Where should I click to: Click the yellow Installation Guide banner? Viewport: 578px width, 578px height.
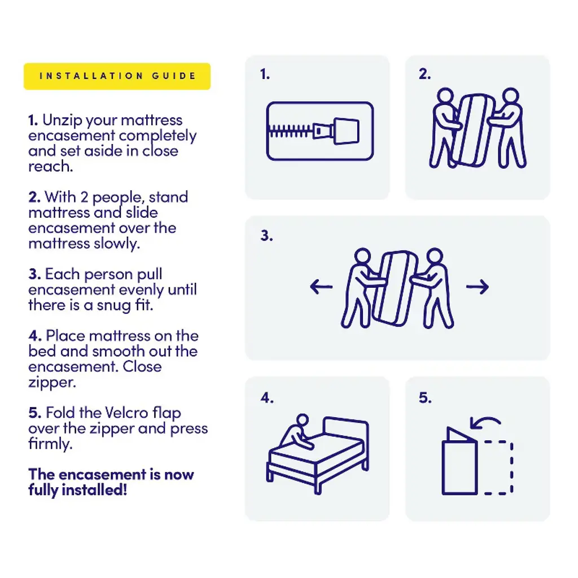(117, 76)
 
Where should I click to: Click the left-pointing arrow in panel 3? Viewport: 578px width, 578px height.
(321, 287)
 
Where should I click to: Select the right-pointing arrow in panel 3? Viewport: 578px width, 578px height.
(478, 287)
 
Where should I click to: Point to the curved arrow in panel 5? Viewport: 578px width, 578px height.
(485, 419)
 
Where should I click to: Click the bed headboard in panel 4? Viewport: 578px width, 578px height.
(346, 426)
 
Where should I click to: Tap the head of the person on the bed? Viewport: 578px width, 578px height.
(303, 420)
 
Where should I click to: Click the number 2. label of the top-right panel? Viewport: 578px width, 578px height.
(424, 74)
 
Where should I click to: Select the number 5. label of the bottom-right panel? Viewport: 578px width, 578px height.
(425, 398)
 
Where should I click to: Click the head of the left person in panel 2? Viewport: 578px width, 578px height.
(445, 95)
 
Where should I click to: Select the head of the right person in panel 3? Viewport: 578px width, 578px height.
(435, 256)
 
